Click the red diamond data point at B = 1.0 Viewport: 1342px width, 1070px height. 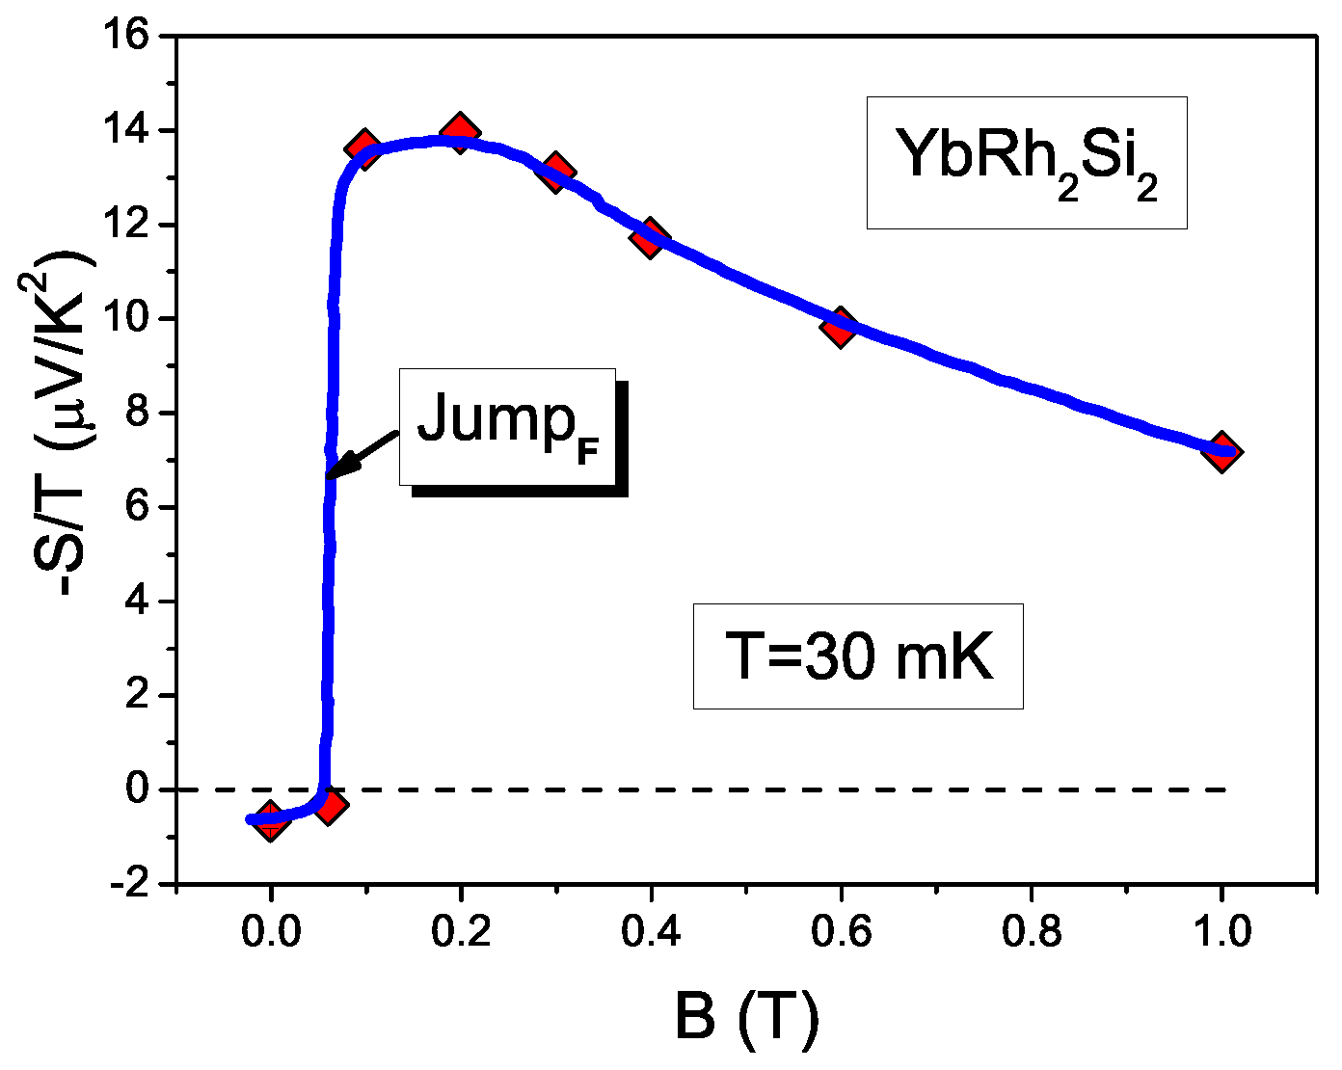click(1221, 452)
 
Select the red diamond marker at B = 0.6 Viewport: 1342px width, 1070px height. click(840, 327)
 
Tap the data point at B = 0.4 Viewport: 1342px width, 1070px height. click(650, 237)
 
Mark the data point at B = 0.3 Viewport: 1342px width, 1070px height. click(555, 174)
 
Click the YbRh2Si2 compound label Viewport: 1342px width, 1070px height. click(1026, 162)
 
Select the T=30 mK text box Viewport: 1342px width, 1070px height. click(857, 656)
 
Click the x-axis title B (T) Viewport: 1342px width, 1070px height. click(746, 1019)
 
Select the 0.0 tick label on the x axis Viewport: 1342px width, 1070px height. click(270, 932)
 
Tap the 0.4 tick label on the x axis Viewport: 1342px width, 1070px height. click(650, 932)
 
